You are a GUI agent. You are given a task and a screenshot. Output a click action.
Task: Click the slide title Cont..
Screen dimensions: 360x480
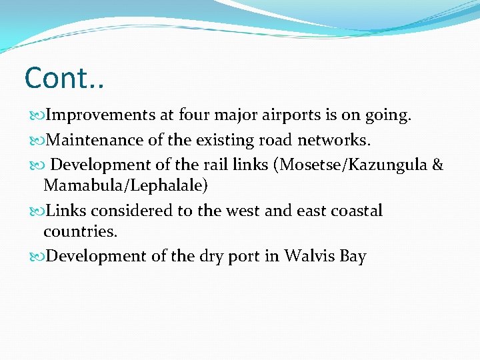pos(64,78)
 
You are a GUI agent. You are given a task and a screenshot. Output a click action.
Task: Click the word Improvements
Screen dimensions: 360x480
pos(100,116)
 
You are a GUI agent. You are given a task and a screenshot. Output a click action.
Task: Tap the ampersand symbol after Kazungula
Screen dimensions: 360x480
pos(438,165)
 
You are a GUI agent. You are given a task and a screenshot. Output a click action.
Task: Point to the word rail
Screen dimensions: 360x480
pos(223,165)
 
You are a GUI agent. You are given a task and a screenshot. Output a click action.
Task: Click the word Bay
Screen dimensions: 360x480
pos(353,257)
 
